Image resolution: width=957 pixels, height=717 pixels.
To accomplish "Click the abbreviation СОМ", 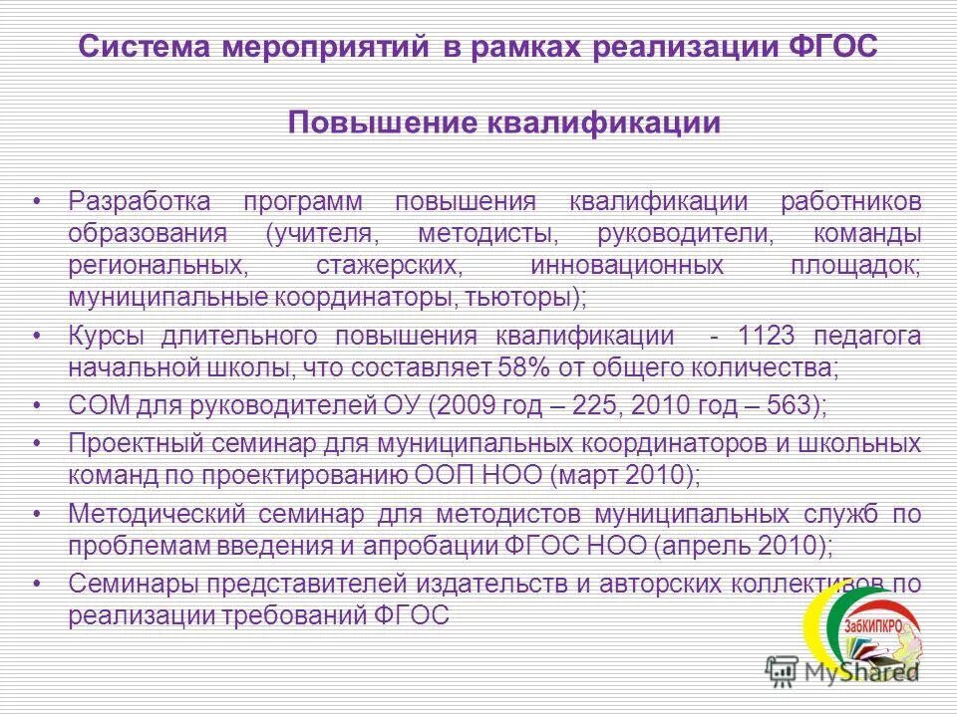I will pyautogui.click(x=94, y=407).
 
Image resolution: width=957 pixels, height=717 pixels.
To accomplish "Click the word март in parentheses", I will pyautogui.click(x=588, y=475).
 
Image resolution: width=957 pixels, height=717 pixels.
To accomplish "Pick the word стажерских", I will pyautogui.click(x=388, y=267).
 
